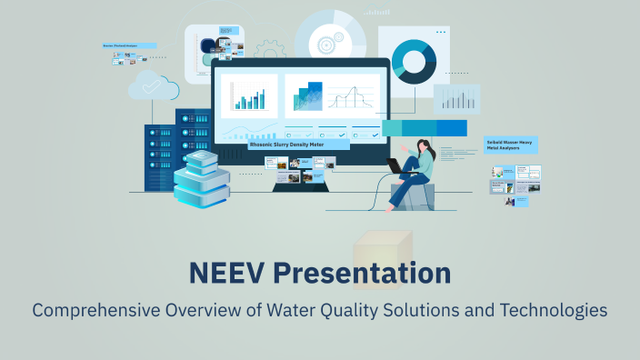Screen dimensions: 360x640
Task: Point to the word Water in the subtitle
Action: pos(297,310)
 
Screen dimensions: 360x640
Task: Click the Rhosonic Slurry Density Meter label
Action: pos(297,145)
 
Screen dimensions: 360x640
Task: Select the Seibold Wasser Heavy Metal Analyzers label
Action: pos(513,145)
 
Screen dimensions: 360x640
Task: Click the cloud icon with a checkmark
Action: pos(153,87)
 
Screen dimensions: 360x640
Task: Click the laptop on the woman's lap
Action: pos(396,165)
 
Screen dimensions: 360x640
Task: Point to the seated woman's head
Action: pos(425,145)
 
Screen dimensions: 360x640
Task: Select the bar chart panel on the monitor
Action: pos(247,96)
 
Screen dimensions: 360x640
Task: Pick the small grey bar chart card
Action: pos(456,97)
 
